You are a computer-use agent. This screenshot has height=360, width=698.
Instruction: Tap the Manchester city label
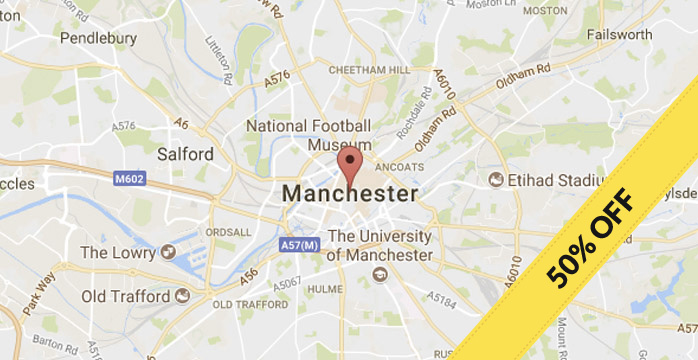pyautogui.click(x=350, y=193)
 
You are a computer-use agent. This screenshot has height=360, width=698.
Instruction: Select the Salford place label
pyautogui.click(x=185, y=154)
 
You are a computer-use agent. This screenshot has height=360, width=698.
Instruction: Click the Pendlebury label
pyautogui.click(x=98, y=38)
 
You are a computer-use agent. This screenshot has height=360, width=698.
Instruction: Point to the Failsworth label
pyautogui.click(x=619, y=34)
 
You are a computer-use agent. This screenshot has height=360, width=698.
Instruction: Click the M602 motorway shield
pyautogui.click(x=129, y=179)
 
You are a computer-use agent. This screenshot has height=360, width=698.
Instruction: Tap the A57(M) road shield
pyautogui.click(x=298, y=244)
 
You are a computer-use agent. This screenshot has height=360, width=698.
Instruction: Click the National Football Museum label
pyautogui.click(x=309, y=136)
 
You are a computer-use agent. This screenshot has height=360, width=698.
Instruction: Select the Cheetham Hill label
pyautogui.click(x=370, y=69)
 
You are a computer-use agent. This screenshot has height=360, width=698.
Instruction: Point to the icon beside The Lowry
pyautogui.click(x=167, y=252)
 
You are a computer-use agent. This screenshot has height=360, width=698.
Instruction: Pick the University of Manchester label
pyautogui.click(x=380, y=246)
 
